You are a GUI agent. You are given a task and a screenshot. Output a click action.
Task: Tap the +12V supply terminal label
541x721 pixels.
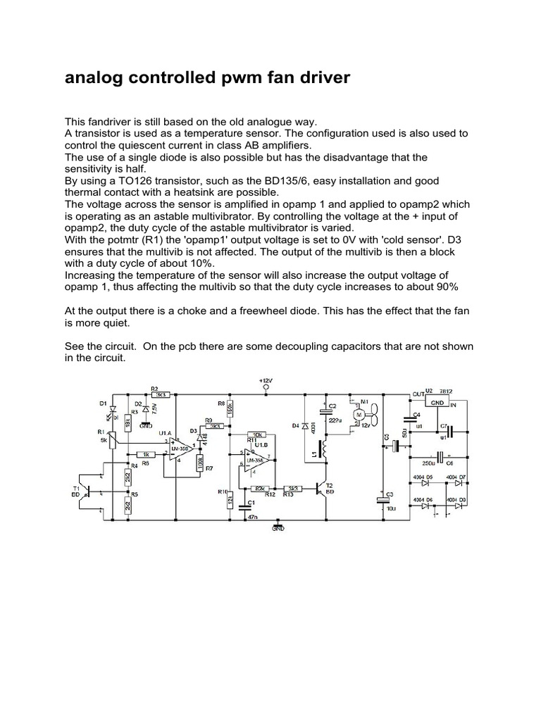(266, 380)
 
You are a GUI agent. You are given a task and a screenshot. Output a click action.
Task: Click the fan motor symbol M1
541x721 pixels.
(361, 416)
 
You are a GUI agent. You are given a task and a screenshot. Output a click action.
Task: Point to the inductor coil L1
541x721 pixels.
(325, 451)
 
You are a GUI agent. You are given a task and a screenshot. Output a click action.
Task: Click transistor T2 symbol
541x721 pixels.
(325, 487)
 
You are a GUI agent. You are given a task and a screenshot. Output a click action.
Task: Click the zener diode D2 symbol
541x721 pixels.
(146, 409)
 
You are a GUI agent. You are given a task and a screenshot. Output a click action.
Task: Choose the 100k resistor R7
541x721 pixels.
(201, 465)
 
